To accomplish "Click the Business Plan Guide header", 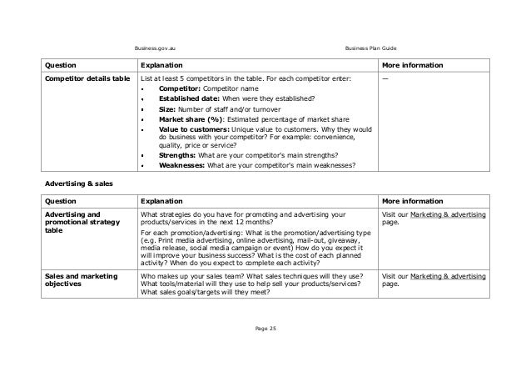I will (374, 48).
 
